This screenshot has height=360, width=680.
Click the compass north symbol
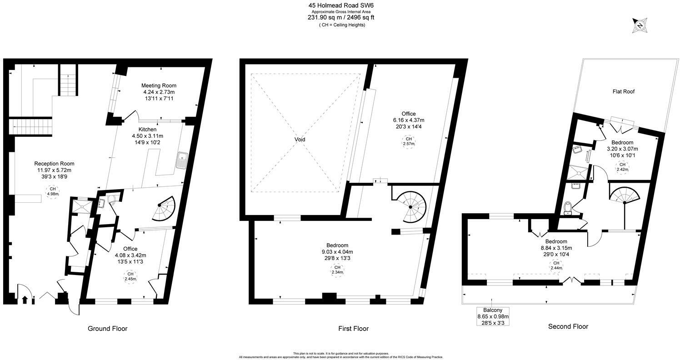click(x=640, y=25)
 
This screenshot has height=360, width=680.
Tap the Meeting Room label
click(x=159, y=85)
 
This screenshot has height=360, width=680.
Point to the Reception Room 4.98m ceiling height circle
click(x=53, y=191)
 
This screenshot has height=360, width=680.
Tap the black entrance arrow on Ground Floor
click(x=25, y=300)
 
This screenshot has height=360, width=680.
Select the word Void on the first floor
click(x=300, y=140)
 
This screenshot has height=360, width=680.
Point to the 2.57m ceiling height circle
click(x=408, y=141)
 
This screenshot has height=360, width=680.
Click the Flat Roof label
click(x=623, y=91)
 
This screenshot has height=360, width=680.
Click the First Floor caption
click(x=353, y=328)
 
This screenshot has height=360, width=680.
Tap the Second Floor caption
click(x=568, y=326)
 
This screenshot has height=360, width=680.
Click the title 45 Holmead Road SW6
click(x=341, y=5)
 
